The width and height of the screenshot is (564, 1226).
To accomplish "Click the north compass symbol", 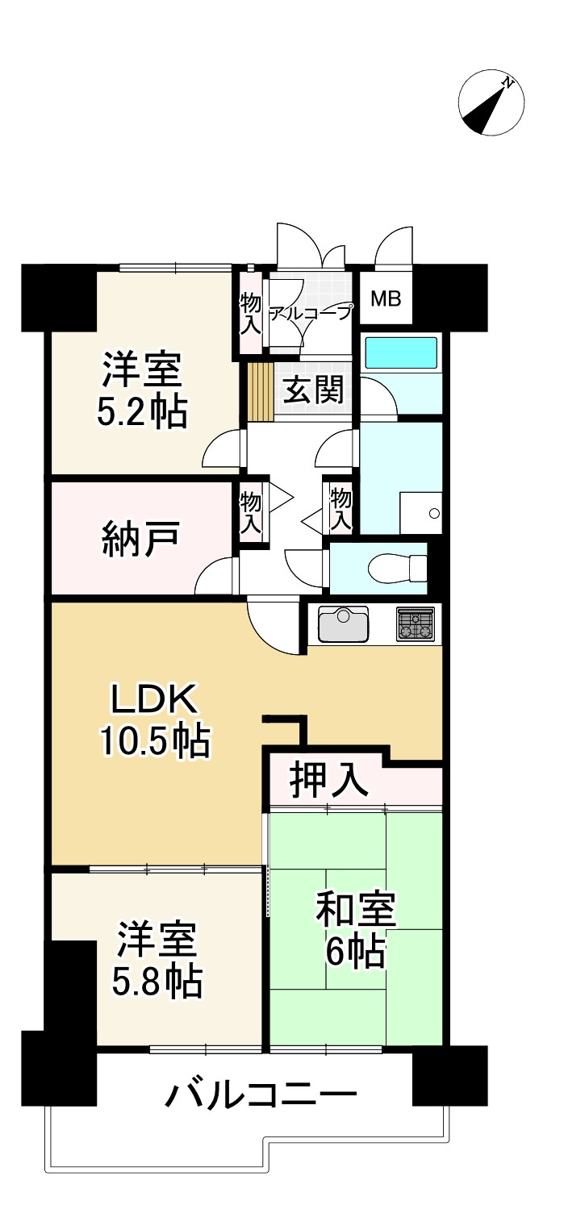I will (491, 105).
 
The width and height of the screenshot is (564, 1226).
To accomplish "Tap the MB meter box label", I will (385, 298).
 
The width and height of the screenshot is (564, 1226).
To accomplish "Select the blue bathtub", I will (401, 352).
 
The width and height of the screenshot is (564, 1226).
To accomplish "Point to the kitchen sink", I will (343, 623).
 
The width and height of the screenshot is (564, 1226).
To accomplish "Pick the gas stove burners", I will (415, 622).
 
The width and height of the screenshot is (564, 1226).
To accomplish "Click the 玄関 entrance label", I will (313, 391).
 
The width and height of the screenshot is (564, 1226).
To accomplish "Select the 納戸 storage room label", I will (142, 539).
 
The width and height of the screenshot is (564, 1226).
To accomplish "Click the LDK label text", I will (153, 699).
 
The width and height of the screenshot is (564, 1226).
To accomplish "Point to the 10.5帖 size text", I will (154, 740).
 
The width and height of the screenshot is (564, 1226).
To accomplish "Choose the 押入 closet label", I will (329, 780).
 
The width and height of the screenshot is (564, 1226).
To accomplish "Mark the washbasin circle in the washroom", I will (434, 513).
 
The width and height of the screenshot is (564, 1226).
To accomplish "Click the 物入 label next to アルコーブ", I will (250, 314).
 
